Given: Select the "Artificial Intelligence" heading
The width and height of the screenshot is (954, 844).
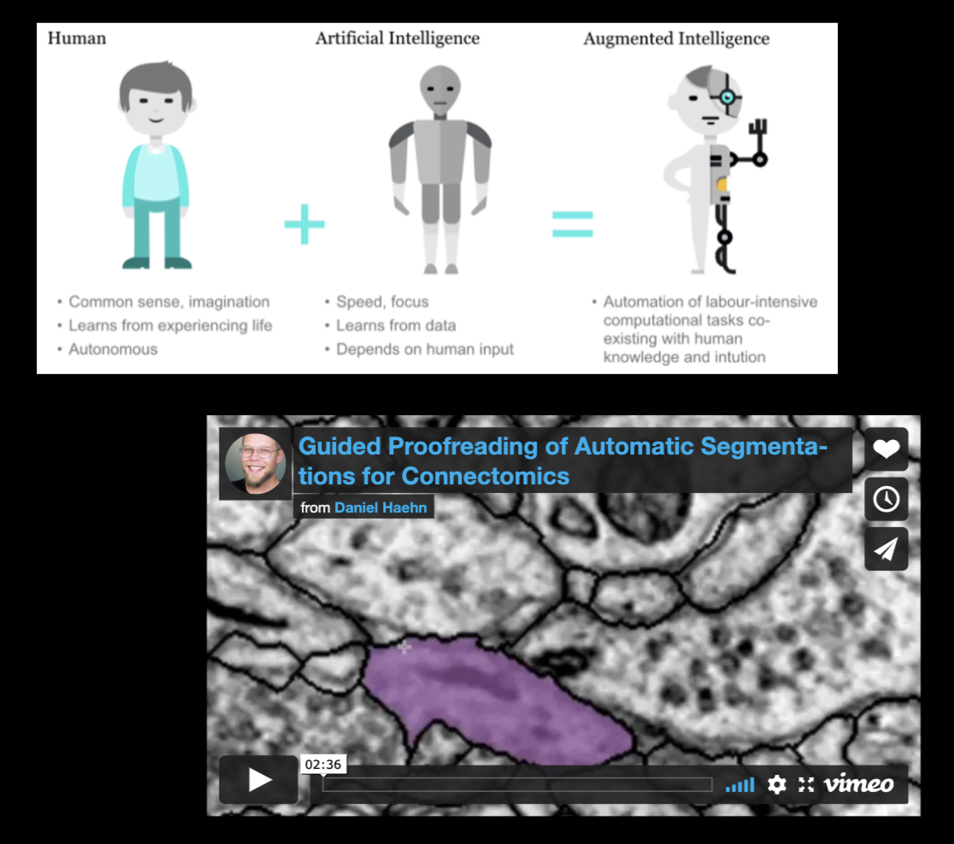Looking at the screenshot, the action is [397, 38].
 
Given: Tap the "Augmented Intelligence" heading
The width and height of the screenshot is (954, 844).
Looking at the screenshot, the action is [676, 38].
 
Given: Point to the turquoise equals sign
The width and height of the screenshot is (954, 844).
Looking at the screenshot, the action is [572, 223].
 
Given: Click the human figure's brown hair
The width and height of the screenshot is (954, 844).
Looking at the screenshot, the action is [156, 79].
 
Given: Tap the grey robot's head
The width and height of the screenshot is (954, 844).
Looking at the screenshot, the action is [439, 91].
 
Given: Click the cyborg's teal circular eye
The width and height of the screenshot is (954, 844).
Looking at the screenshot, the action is [727, 98].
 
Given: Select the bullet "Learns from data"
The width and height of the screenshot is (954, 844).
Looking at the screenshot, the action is [396, 325].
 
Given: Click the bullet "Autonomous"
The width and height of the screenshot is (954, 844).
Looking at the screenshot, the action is [113, 349].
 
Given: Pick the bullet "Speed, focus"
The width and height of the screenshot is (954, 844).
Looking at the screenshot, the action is [382, 302].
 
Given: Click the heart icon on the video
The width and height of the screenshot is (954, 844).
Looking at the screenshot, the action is [886, 448].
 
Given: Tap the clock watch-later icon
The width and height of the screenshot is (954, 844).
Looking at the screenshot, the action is [886, 499].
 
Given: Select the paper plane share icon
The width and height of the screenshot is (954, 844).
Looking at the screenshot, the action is [886, 548].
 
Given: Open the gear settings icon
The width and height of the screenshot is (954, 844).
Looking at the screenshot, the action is [776, 784].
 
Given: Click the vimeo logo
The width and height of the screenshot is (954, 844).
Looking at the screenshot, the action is [858, 784].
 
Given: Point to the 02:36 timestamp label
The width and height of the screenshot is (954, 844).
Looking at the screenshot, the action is [323, 765].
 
